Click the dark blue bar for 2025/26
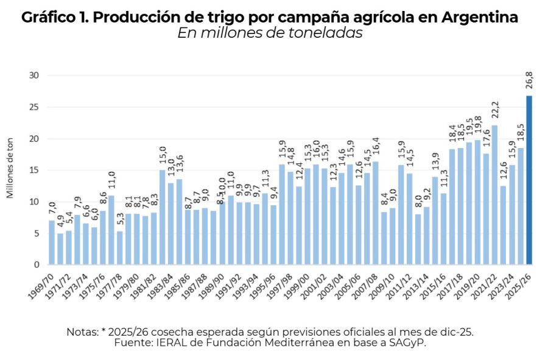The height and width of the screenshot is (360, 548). click(529, 180)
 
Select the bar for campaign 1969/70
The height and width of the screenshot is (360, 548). click(52, 242)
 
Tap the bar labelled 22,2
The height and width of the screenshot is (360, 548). click(494, 195)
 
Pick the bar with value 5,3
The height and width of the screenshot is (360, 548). click(120, 248)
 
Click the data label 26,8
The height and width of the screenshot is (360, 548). click(529, 80)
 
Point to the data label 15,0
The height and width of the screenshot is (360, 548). click(163, 155)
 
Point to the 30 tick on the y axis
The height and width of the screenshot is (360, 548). click(34, 76)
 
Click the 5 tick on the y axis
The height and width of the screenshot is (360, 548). click(37, 233)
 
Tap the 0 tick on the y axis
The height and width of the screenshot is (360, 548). click(37, 265)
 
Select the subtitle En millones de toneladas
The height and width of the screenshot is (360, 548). click(270, 34)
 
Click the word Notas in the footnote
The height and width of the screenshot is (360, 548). click(82, 332)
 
